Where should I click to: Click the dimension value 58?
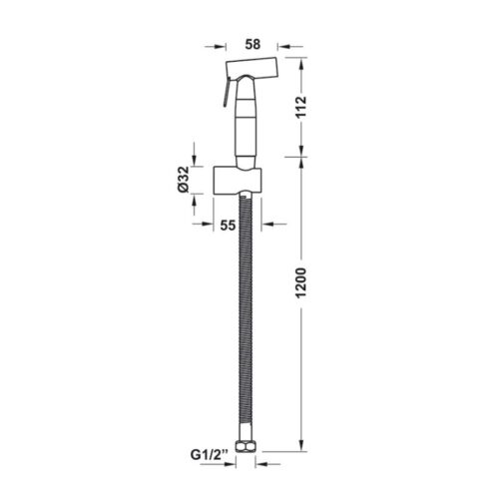click(x=252, y=44)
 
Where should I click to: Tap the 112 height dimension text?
click(x=301, y=107)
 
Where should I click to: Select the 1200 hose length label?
click(x=301, y=282)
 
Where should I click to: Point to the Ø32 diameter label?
click(x=184, y=180)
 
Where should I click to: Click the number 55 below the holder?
click(x=228, y=226)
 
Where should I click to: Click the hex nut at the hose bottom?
click(x=245, y=446)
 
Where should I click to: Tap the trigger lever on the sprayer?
click(x=227, y=92)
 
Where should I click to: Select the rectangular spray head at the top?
click(x=251, y=69)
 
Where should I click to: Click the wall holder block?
click(x=238, y=181)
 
